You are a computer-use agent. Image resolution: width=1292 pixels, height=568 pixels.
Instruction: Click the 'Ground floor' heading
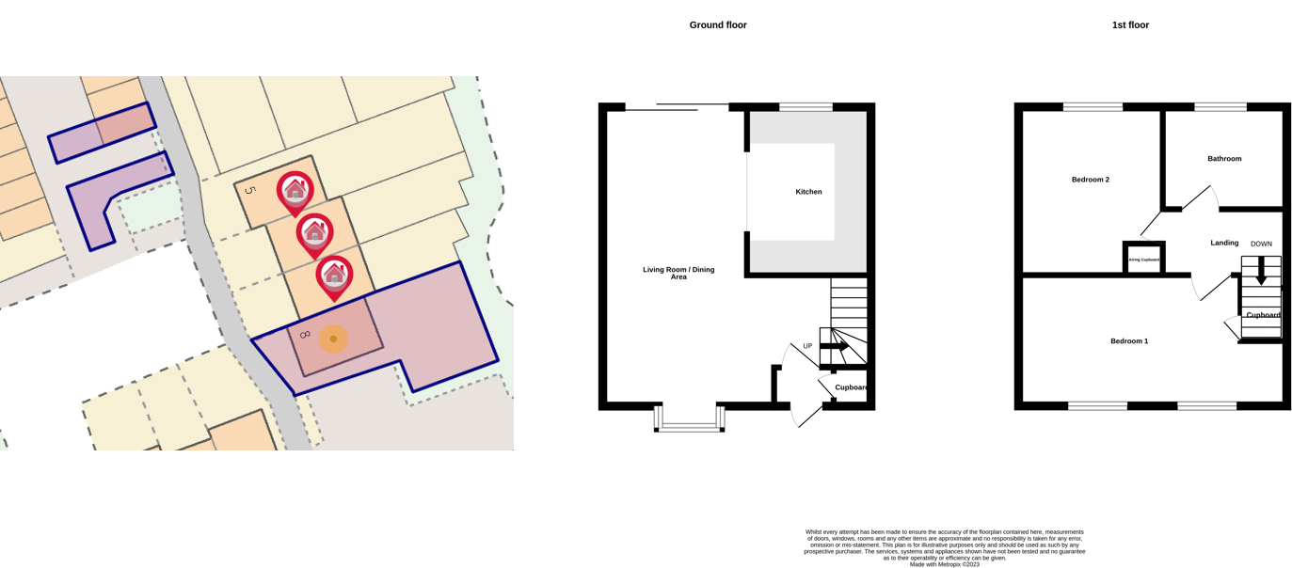(718, 25)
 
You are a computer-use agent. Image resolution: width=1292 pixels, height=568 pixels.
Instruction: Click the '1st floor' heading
(1130, 25)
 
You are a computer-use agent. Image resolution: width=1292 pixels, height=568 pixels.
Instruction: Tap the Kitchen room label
(808, 192)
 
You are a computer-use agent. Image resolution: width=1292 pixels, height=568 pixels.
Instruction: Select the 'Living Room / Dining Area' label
(678, 273)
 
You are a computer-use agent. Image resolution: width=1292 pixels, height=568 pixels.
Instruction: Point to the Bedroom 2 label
(1090, 180)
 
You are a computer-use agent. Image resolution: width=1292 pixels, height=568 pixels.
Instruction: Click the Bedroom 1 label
(1128, 341)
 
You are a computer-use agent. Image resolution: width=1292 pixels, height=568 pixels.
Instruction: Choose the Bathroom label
(1224, 159)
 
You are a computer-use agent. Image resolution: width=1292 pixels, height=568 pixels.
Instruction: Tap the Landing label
(1224, 243)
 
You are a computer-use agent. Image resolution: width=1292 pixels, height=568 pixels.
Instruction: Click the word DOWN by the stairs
(1261, 245)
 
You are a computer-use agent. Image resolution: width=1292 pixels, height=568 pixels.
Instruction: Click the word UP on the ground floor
(807, 346)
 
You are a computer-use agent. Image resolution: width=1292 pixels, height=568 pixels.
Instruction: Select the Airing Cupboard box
(1143, 259)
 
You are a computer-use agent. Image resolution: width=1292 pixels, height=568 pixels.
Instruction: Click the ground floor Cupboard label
(851, 387)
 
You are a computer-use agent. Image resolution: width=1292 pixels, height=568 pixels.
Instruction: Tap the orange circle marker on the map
(333, 339)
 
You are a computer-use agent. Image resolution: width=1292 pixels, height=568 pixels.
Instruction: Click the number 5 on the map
(249, 191)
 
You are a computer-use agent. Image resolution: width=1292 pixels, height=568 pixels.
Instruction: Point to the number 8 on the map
(305, 335)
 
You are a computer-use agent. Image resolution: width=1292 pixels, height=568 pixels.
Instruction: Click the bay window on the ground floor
(690, 420)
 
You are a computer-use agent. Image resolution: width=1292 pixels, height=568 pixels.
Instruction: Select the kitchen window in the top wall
(806, 107)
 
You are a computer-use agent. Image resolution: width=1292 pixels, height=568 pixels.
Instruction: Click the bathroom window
(1220, 107)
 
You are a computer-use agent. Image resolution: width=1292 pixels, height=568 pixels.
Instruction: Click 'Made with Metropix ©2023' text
(944, 564)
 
